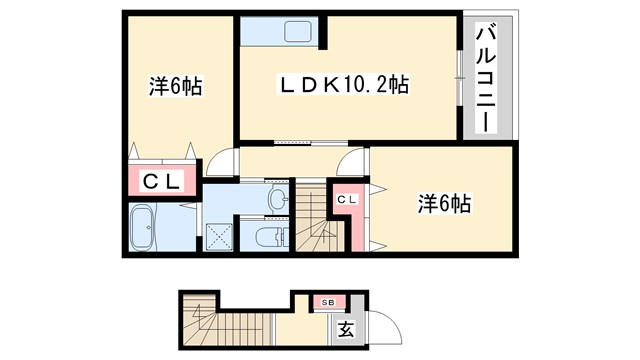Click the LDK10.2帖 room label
tap(344, 83)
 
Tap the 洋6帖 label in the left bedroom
tap(176, 87)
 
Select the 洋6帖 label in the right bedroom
tap(444, 204)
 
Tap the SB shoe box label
tap(327, 301)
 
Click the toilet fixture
tap(270, 237)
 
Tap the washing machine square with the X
tap(218, 235)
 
